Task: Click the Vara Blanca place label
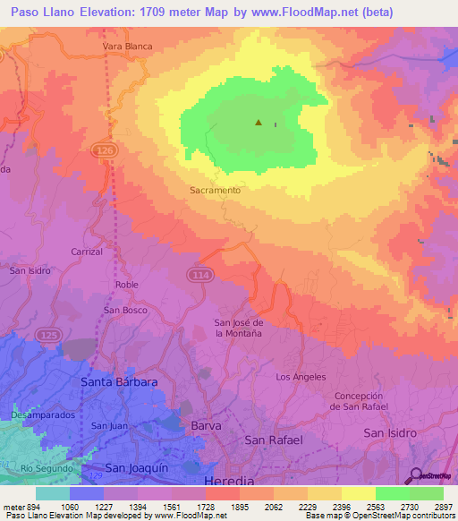click(127, 46)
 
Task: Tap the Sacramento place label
click(215, 191)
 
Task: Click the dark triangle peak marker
click(259, 123)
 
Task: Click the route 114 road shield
click(200, 275)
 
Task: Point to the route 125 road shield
click(47, 334)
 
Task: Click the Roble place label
click(126, 285)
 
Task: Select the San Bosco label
click(125, 310)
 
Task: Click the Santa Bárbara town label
click(119, 382)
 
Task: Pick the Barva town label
click(206, 426)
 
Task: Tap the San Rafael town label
click(274, 440)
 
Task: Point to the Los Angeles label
click(301, 377)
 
